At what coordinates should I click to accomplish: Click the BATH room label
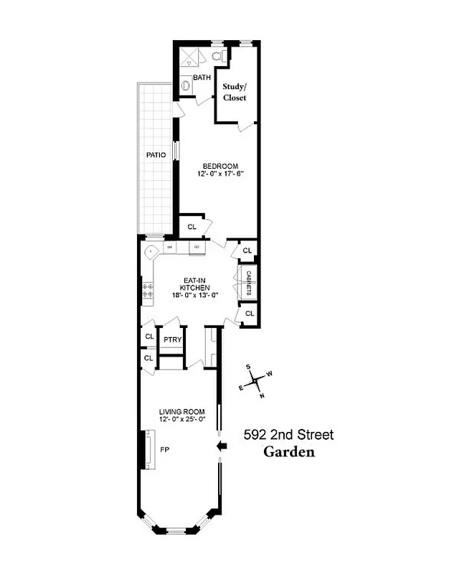[x=202, y=77]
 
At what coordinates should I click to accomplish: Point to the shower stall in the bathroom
[x=188, y=57]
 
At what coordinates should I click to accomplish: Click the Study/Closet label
[x=235, y=92]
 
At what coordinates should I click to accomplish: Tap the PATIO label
[x=156, y=154]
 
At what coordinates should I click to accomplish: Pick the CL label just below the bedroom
[x=192, y=227]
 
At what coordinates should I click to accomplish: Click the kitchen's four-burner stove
[x=148, y=291]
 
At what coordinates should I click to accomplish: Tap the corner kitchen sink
[x=151, y=253]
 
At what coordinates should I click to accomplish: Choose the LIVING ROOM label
[x=182, y=412]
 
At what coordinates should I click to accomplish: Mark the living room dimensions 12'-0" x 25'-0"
[x=182, y=420]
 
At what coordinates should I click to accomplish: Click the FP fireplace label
[x=164, y=450]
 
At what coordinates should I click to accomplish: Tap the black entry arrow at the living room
[x=222, y=446]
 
